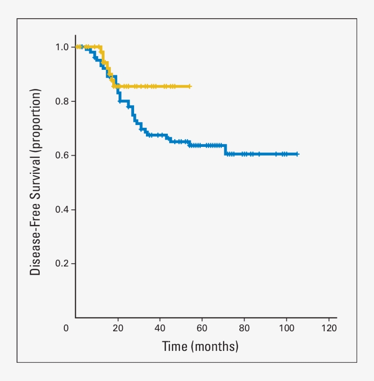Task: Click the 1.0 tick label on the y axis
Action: [x=62, y=47]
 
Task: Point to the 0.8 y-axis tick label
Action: [x=62, y=101]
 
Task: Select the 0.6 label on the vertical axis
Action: [x=62, y=155]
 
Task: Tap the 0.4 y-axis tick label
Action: [x=62, y=209]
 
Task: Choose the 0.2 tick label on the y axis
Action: [x=62, y=264]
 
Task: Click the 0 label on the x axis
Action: [x=67, y=328]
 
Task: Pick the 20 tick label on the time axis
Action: [x=118, y=328]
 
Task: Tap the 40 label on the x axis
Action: [x=160, y=328]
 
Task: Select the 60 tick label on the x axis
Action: [x=202, y=328]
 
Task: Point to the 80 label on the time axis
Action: [x=244, y=328]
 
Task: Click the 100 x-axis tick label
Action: [x=286, y=328]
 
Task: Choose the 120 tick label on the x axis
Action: [x=328, y=328]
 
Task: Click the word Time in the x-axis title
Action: [x=175, y=347]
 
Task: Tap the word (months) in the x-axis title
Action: [x=215, y=347]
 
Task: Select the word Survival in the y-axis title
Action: [x=36, y=173]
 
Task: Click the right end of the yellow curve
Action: [x=190, y=86]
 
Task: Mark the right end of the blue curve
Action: [x=297, y=154]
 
